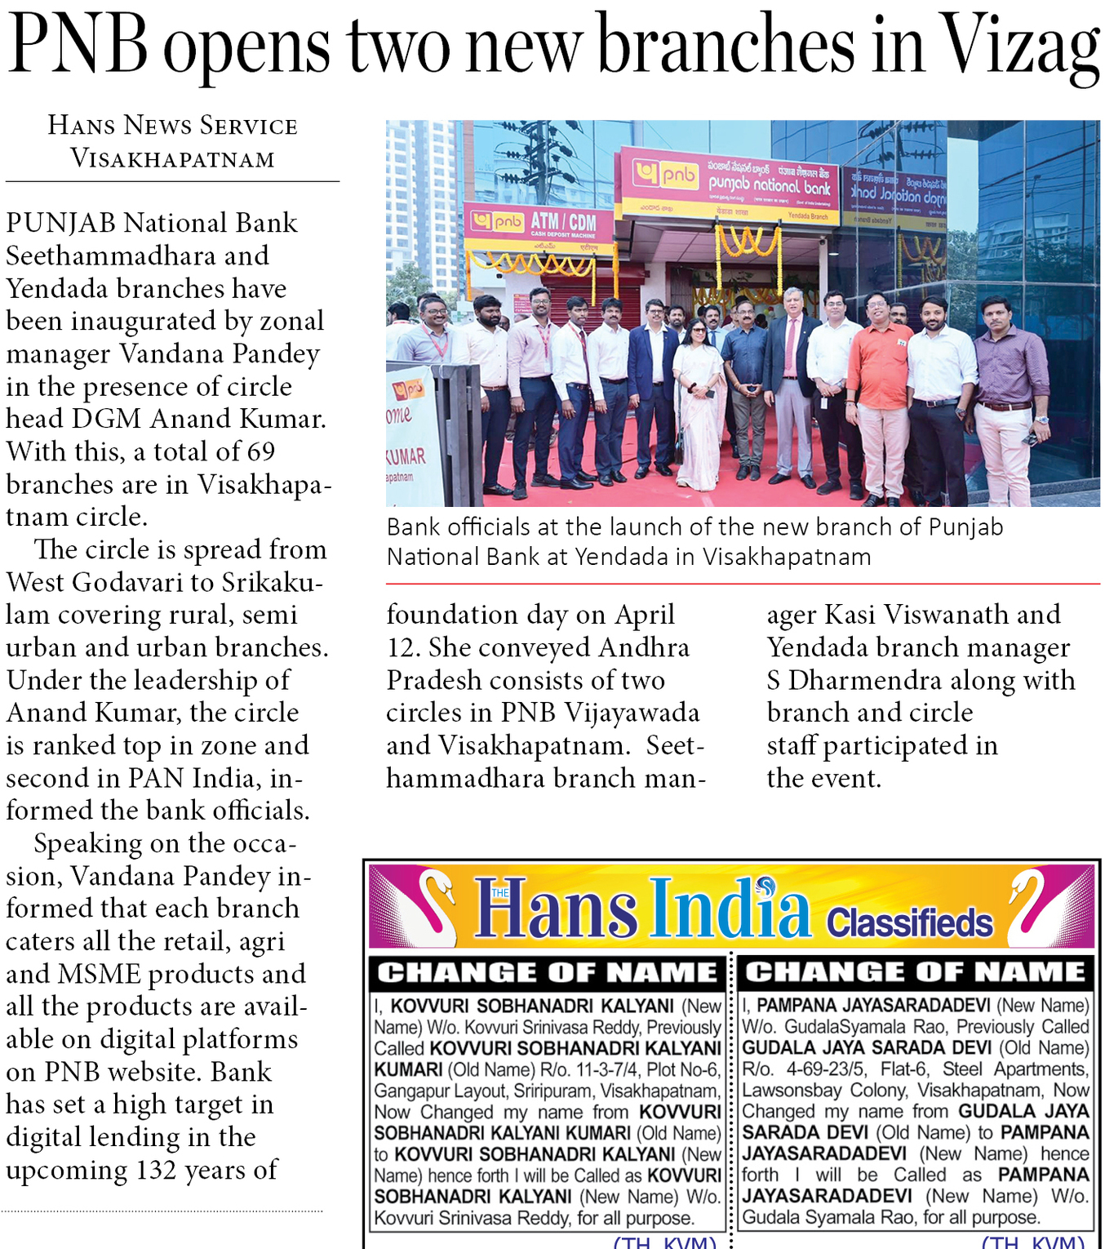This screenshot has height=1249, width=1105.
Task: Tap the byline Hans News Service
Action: pos(172,125)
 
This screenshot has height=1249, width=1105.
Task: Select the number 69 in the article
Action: pos(260,451)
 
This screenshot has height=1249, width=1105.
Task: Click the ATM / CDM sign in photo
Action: pos(563,221)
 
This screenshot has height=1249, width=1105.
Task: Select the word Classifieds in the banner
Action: pos(909,923)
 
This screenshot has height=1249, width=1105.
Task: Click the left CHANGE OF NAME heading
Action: pos(547,972)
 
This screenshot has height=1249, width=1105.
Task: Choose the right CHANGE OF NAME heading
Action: pos(915,971)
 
